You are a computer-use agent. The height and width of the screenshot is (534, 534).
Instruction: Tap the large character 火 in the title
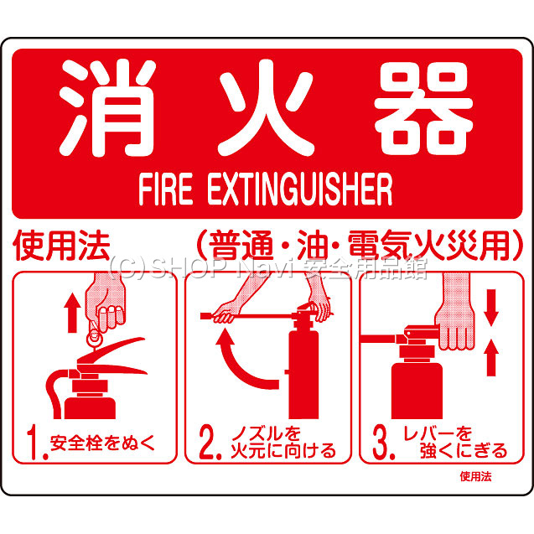pyautogui.click(x=267, y=107)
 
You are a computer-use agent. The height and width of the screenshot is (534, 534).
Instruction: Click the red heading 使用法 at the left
pyautogui.click(x=61, y=246)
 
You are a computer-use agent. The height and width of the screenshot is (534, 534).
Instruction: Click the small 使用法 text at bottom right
pyautogui.click(x=475, y=477)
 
